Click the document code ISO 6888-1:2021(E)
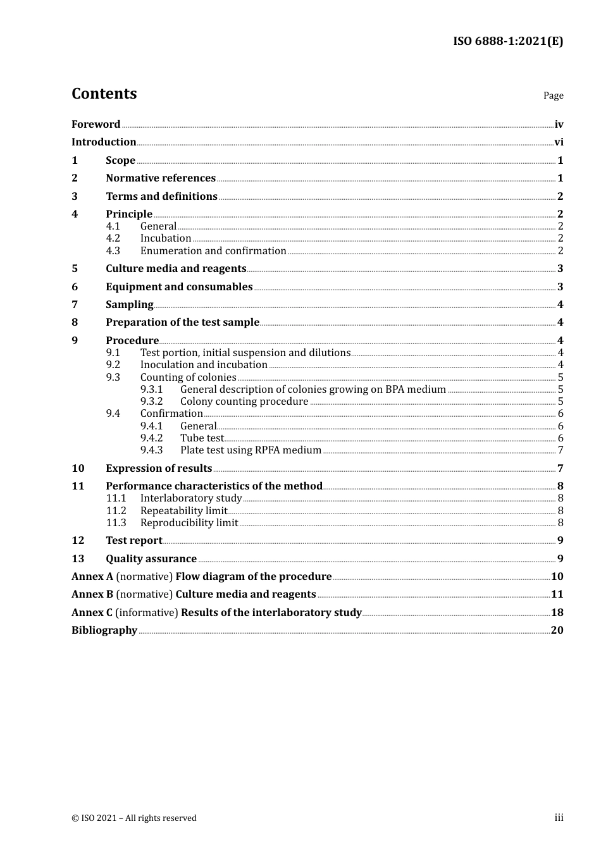pos(508,42)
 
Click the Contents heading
pos(104,94)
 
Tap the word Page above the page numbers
pos(553,95)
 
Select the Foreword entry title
pos(96,125)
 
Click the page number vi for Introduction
pos(559,142)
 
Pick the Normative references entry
pos(161,178)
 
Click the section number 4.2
pos(113,238)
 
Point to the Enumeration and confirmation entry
pos(213,251)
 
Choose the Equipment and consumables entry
pos(179,287)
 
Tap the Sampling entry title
pos(130,305)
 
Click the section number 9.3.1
pos(152,390)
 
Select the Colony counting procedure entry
pos(244,402)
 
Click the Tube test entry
pos(202,438)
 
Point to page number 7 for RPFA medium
pos(561,450)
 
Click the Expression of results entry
pos(159,469)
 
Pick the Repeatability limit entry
pos(183,511)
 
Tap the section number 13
pos(78,559)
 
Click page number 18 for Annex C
pos(557,613)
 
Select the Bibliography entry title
pos(104,631)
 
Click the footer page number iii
pos(559,818)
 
